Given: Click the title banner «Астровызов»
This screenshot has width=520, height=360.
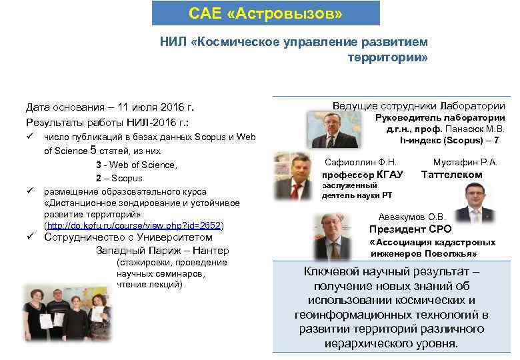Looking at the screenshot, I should click(x=265, y=13).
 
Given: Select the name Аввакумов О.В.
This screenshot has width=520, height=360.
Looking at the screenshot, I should click(x=411, y=217).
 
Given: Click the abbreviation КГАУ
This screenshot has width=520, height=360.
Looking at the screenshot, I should click(x=390, y=175).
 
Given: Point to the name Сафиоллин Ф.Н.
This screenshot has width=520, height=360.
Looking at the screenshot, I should click(x=361, y=162).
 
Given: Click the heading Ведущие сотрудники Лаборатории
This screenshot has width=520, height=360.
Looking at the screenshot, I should click(x=418, y=106).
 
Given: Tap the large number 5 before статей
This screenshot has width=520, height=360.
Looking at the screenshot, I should click(x=93, y=150).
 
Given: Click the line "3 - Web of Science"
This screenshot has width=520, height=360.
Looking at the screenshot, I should click(x=135, y=165).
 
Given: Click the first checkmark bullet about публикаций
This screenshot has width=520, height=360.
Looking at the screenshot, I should click(x=30, y=137).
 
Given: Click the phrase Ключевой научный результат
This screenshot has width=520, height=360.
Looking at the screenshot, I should click(x=391, y=272).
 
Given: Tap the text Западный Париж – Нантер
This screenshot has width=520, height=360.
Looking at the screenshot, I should click(x=162, y=251).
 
